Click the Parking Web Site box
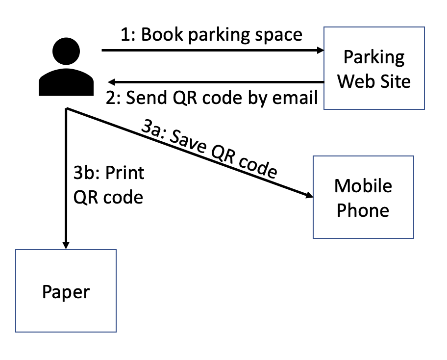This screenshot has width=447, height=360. pyautogui.click(x=373, y=68)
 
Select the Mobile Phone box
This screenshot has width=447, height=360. pyautogui.click(x=363, y=197)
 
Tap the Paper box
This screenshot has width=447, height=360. pyautogui.click(x=66, y=290)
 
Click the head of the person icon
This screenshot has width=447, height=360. pyautogui.click(x=66, y=52)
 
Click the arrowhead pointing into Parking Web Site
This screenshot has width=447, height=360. pyautogui.click(x=320, y=50)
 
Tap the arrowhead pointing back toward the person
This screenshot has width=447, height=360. pyautogui.click(x=112, y=82)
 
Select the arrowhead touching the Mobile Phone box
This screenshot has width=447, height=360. pyautogui.click(x=309, y=196)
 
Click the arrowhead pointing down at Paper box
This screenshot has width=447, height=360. pyautogui.click(x=66, y=245)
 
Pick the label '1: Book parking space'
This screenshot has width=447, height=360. pyautogui.click(x=212, y=35)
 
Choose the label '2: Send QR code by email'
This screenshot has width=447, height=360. pyautogui.click(x=212, y=98)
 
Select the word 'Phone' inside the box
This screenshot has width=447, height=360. pyautogui.click(x=363, y=210)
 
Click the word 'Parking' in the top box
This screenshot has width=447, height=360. pyautogui.click(x=373, y=57)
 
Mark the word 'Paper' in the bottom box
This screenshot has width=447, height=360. pyautogui.click(x=66, y=292)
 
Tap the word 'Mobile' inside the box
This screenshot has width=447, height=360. pyautogui.click(x=363, y=186)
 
